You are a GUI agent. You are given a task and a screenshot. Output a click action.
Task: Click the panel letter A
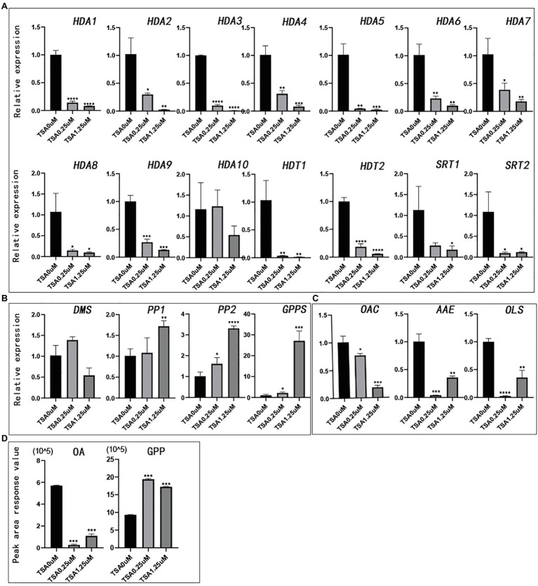pyautogui.click(x=5, y=5)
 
